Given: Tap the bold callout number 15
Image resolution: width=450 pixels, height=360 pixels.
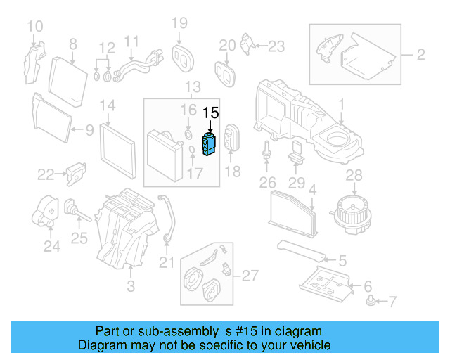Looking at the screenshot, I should click(211, 112).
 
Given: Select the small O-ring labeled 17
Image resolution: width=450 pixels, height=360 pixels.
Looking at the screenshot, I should click(193, 151).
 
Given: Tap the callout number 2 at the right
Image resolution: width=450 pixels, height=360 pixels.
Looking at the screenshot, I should click(420, 54).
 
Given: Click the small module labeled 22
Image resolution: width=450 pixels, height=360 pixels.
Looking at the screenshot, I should click(75, 173).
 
